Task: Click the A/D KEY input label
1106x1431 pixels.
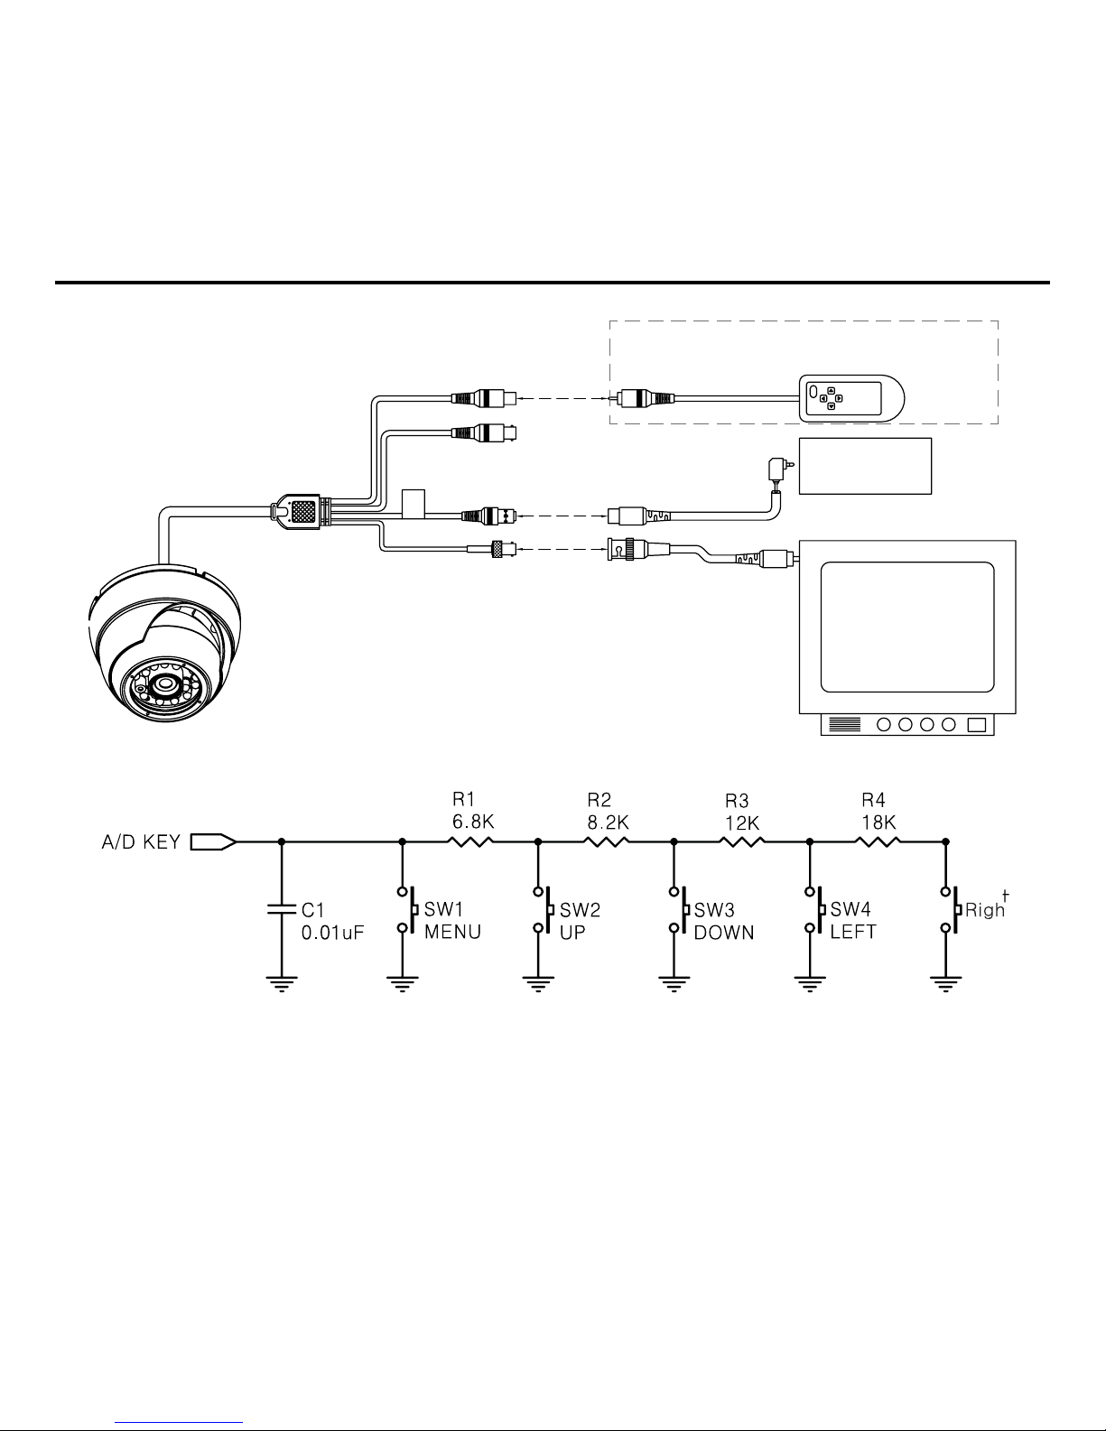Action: click(x=140, y=842)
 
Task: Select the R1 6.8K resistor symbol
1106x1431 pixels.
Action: click(x=470, y=841)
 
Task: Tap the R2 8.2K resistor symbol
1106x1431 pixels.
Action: click(x=607, y=841)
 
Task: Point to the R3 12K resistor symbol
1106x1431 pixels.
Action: click(x=742, y=841)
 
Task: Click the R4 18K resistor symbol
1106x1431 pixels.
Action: click(x=878, y=841)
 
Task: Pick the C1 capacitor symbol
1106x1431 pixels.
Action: click(x=282, y=907)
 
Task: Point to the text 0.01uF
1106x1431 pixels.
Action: click(x=332, y=932)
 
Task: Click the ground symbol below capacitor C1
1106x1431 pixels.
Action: click(x=282, y=983)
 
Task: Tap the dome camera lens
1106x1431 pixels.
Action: click(x=166, y=684)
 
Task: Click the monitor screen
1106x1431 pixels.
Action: click(x=906, y=625)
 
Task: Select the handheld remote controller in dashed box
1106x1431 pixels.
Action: click(x=852, y=398)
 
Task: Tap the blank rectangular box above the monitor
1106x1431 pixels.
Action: click(x=865, y=466)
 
